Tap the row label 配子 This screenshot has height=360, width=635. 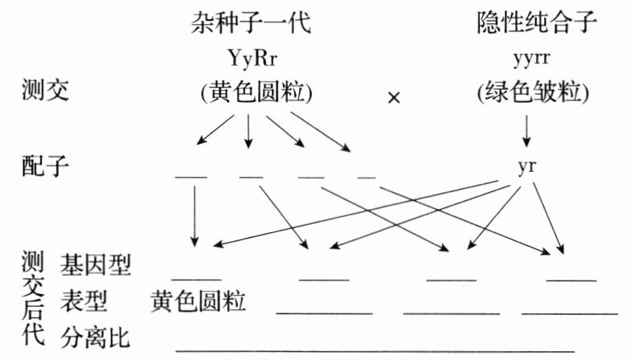[46, 167]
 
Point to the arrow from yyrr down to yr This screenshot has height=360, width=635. [527, 129]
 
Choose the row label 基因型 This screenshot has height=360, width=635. [96, 263]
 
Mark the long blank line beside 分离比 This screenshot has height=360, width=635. [375, 351]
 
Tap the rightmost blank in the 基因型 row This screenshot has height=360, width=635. [571, 279]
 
